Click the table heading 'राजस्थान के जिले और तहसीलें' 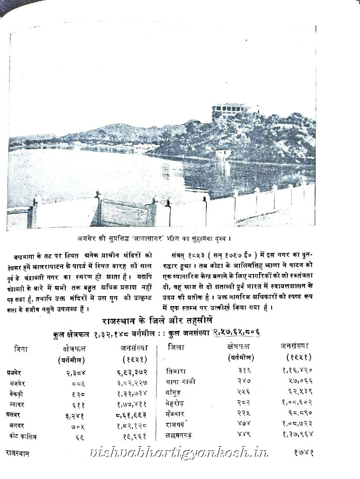click(x=157, y=320)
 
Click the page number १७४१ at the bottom click(x=301, y=452)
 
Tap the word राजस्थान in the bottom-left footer click(x=17, y=453)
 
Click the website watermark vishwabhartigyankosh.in click(x=178, y=453)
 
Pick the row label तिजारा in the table click(x=176, y=371)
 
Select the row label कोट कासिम click(x=24, y=435)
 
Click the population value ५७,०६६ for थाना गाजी click(x=297, y=382)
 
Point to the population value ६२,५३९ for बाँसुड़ click(x=297, y=392)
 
